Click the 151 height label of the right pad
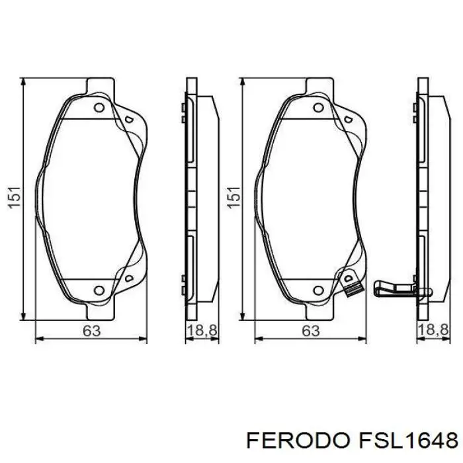coord(233,197)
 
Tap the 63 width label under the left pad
coord(91,331)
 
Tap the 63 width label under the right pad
coord(310,331)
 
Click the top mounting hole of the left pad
coord(99,108)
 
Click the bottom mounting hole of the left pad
coord(99,289)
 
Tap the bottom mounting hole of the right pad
coord(318,289)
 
